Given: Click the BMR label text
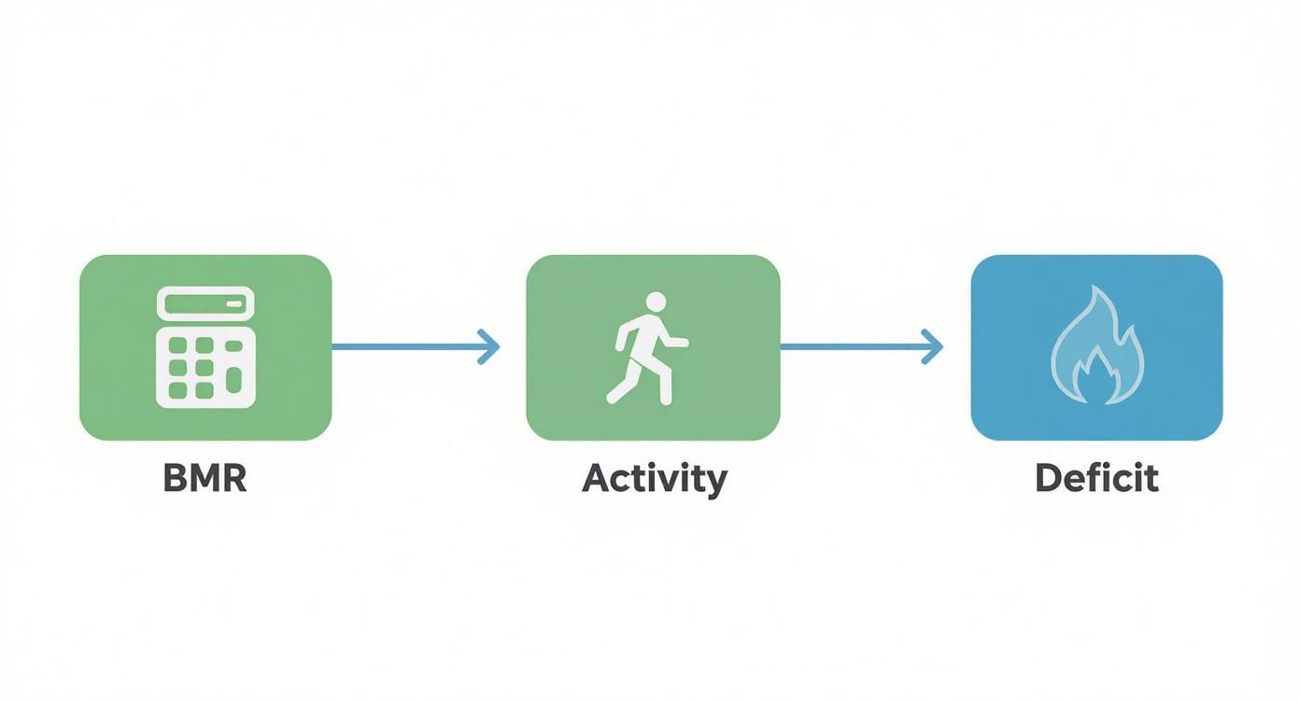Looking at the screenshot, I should click(x=205, y=478).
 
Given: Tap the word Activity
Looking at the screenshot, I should click(x=654, y=479).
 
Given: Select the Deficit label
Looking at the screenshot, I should click(x=1096, y=478).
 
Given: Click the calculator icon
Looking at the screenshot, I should click(x=205, y=346).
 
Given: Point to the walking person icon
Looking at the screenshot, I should click(x=647, y=348).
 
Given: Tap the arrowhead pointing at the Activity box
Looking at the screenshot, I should click(x=489, y=347).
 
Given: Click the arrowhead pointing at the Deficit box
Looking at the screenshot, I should click(x=933, y=347).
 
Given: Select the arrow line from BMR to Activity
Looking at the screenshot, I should click(x=402, y=347).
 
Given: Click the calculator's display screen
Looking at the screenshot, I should click(x=205, y=304).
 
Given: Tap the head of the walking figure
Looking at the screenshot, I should click(x=656, y=302).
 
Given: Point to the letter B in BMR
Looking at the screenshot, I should click(x=174, y=478).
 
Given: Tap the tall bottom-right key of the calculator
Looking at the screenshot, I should click(x=234, y=379).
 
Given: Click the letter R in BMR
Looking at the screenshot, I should click(x=234, y=478).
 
